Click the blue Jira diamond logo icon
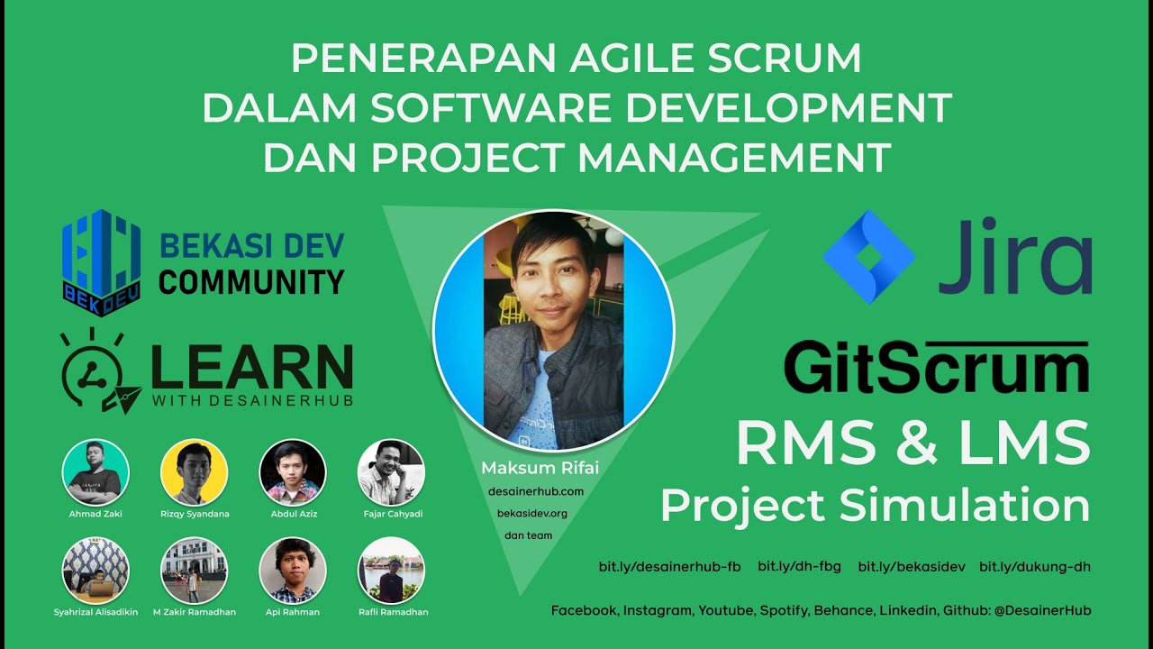click(868, 256)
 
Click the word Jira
click(1014, 256)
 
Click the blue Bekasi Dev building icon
click(101, 256)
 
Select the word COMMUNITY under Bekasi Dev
click(251, 281)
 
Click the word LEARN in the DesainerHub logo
click(251, 366)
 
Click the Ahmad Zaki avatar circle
click(95, 472)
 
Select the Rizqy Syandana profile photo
click(194, 472)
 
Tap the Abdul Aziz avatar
click(293, 472)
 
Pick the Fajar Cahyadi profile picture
click(391, 472)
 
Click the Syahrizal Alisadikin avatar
click(95, 571)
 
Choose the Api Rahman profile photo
click(293, 571)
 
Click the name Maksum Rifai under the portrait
click(540, 468)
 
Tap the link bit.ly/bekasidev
click(911, 567)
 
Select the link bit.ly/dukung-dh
click(1035, 567)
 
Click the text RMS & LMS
click(912, 444)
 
